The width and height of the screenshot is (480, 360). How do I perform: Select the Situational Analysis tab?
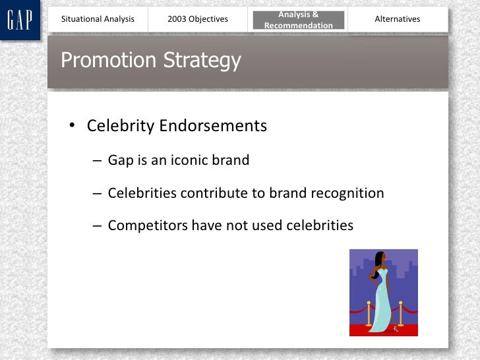click(x=98, y=19)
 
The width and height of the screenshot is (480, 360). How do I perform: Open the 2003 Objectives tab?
click(x=198, y=19)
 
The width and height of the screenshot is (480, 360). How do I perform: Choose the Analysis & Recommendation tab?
click(x=298, y=20)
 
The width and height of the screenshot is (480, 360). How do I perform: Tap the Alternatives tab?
click(x=397, y=19)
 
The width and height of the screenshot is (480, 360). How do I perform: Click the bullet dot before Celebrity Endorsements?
click(x=74, y=127)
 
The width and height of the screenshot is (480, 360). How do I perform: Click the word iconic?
click(x=189, y=160)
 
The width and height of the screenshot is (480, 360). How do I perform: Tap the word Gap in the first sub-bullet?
click(x=121, y=161)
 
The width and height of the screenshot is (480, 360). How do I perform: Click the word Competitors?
click(x=148, y=225)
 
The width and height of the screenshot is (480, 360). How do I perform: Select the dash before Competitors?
click(x=97, y=226)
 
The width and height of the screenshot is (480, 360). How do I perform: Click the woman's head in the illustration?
click(x=379, y=258)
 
